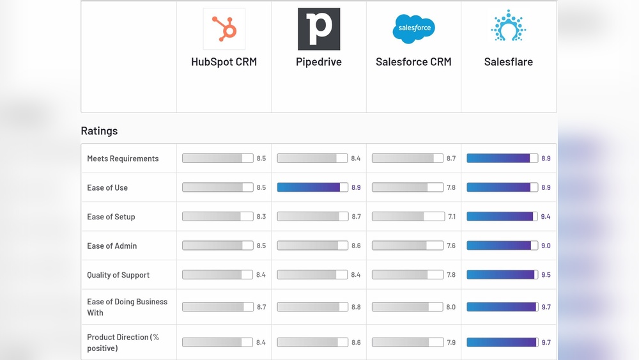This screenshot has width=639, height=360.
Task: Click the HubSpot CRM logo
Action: click(224, 29)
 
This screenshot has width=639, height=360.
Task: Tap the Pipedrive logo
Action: click(319, 29)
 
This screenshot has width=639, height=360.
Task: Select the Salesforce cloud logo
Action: click(413, 29)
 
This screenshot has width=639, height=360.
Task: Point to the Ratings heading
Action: click(99, 130)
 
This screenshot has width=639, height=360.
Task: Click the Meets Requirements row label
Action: click(123, 159)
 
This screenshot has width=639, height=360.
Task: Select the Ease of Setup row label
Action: click(111, 217)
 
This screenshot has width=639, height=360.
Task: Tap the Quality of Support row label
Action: click(118, 275)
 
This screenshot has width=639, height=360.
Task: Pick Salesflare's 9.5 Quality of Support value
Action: click(546, 275)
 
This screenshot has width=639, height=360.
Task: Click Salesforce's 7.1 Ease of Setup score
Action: click(452, 217)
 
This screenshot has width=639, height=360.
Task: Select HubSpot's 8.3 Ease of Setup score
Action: click(261, 217)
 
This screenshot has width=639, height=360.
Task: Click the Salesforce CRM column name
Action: click(413, 62)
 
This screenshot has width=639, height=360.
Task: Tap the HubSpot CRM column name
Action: click(224, 62)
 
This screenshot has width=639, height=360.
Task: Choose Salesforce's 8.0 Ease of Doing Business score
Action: click(451, 307)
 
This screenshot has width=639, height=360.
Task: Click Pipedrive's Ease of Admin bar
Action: click(312, 246)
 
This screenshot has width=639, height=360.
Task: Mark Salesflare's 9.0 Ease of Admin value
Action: click(546, 246)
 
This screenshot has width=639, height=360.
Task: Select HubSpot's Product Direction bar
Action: click(217, 342)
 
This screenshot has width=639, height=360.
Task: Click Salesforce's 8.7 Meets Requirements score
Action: click(451, 159)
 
